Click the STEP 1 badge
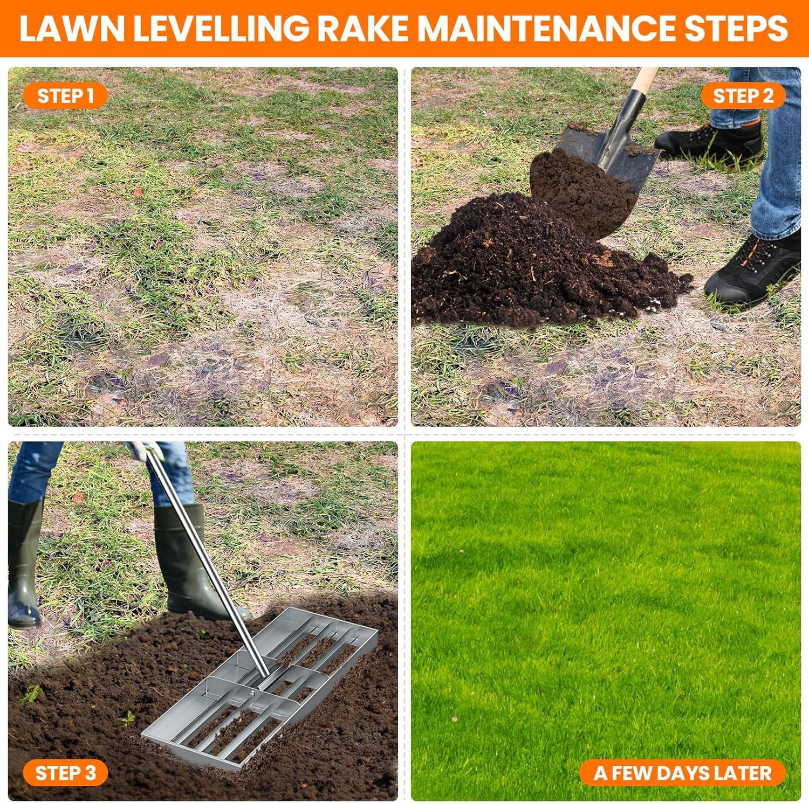(65, 96)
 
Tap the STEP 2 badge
(743, 96)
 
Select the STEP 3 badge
(65, 773)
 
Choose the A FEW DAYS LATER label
(682, 773)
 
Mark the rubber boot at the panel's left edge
(24, 563)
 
